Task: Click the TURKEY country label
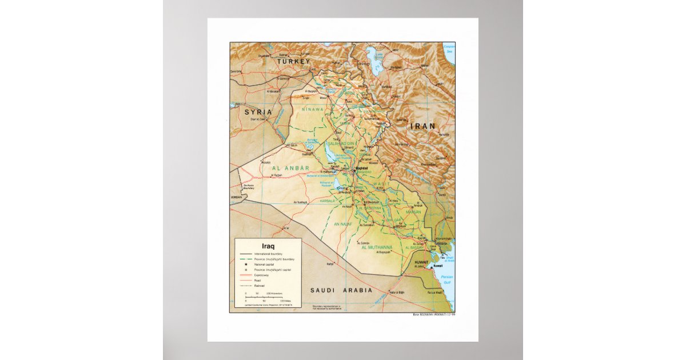(293, 61)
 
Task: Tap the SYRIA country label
(258, 112)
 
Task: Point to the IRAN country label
(421, 126)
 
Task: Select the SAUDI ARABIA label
(341, 290)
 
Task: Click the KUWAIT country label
(421, 262)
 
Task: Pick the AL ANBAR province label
(290, 168)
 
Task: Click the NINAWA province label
(313, 109)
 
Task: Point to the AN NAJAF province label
(345, 224)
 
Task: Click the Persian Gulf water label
(448, 281)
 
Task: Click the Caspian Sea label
(449, 49)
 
